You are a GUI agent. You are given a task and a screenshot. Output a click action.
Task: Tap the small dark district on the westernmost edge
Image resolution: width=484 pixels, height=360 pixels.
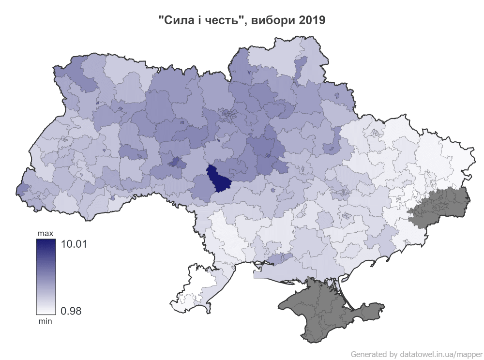(22, 191)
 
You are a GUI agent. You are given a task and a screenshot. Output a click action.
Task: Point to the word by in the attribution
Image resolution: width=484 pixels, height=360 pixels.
(393, 354)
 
